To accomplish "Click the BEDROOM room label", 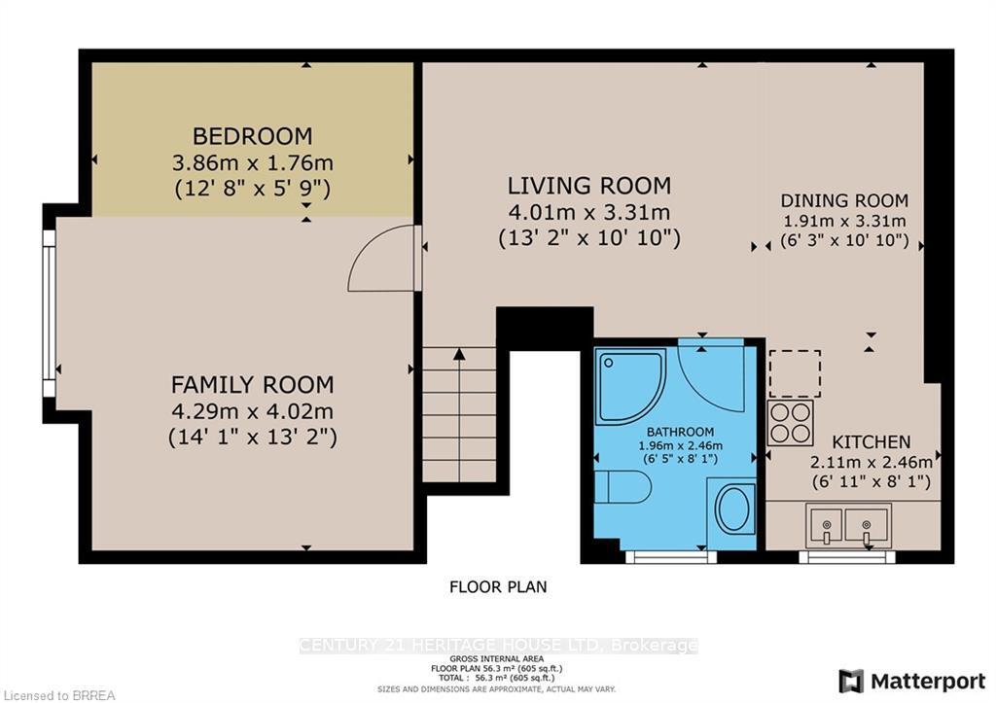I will pos(252,136).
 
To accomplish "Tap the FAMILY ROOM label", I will pos(252,385).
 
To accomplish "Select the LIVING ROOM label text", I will pos(589,186).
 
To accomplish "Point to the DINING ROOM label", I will pos(844,201).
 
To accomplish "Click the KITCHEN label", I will pos(871,441).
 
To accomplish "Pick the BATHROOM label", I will pos(681,432).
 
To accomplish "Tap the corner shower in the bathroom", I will pos(629,382).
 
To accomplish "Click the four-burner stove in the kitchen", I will pos(791,423).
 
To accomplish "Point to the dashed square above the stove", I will pos(795,373).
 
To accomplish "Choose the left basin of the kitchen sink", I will pos(825,526).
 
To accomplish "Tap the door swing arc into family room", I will pos(383,258).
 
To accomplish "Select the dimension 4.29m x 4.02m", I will pos(252,411).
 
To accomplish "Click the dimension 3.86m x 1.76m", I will pos(252,162).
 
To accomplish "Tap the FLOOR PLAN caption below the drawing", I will pos(497,586).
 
